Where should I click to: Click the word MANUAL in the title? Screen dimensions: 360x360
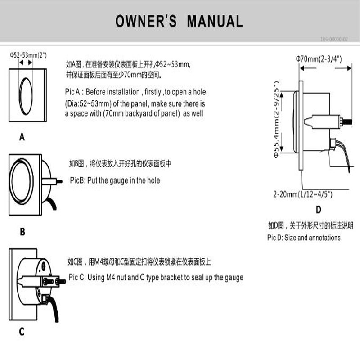pos(215,21)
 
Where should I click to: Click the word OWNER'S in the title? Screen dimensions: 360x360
pos(146,21)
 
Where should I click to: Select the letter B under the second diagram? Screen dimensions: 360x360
pos(22,233)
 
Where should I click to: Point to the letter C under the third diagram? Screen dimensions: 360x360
pos(22,333)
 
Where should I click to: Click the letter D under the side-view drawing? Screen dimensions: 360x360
pos(319,209)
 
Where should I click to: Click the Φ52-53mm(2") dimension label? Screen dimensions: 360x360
pos(28,55)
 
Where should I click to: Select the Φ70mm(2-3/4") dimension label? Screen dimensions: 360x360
pos(319,58)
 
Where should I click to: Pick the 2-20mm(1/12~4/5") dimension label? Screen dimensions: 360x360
pos(306,195)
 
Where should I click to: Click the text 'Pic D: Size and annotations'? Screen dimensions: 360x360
pos(304,238)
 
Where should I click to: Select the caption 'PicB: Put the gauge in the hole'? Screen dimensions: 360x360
pos(115,180)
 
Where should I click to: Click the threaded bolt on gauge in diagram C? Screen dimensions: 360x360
pos(60,282)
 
